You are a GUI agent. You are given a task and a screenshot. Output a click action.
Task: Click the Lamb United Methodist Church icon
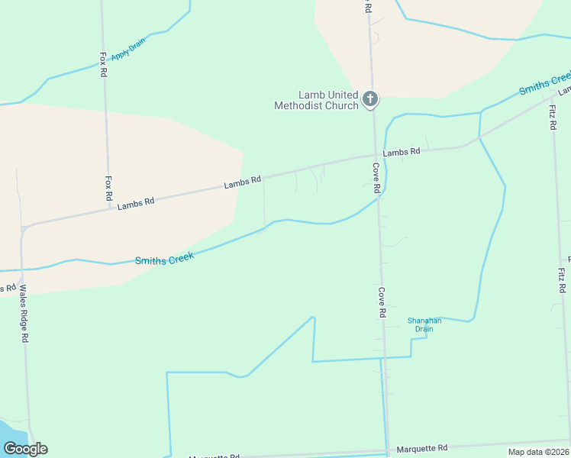(370, 98)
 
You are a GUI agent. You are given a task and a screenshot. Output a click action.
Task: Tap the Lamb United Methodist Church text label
(317, 100)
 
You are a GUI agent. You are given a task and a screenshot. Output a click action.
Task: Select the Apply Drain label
(127, 48)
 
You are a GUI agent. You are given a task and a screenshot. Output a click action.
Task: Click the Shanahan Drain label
(420, 324)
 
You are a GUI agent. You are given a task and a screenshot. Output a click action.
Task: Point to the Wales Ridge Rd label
(24, 313)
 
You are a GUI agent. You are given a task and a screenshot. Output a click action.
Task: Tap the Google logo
(25, 449)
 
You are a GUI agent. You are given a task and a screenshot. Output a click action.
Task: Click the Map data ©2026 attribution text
(537, 452)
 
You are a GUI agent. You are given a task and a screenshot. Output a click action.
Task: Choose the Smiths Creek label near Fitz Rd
(544, 84)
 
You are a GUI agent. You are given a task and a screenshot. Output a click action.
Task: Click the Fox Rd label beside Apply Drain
(103, 65)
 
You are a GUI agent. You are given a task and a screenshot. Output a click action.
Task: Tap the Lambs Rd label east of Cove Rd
(402, 152)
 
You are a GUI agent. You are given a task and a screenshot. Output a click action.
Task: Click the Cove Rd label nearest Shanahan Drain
(381, 302)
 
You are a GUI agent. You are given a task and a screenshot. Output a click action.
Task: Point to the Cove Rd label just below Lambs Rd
(376, 177)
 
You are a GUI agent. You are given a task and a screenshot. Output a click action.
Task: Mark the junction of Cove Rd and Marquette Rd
(389, 450)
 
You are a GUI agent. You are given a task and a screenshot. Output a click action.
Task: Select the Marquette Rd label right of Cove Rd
(423, 448)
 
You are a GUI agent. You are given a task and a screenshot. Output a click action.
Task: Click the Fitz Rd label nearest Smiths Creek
(553, 117)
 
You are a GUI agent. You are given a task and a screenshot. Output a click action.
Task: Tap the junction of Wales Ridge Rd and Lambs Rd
(25, 227)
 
